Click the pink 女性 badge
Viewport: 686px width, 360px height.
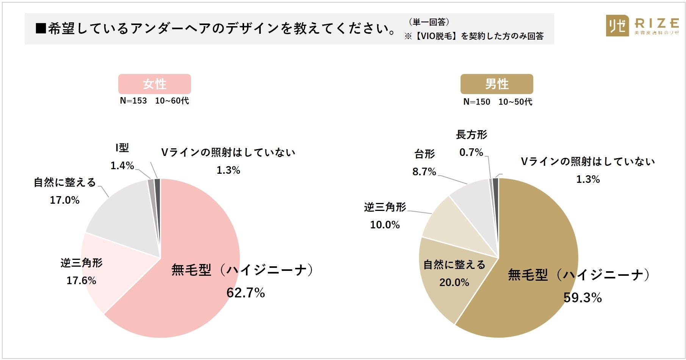(x=154, y=84)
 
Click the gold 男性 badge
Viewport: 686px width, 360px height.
(x=496, y=84)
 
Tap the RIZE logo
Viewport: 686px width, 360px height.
(x=642, y=26)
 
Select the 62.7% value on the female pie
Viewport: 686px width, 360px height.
(x=246, y=293)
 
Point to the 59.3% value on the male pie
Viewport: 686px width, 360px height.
(x=583, y=298)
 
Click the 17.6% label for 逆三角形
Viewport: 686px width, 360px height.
(x=81, y=281)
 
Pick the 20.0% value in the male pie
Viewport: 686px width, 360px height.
(x=454, y=283)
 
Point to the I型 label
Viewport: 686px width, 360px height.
(x=122, y=148)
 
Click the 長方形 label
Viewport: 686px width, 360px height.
(x=471, y=135)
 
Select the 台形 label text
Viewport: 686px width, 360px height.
(x=424, y=154)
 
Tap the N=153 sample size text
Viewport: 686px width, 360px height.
(x=133, y=101)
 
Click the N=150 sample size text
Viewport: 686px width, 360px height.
(x=477, y=102)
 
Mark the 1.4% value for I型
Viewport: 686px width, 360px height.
(x=122, y=166)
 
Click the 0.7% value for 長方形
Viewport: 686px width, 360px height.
(x=471, y=152)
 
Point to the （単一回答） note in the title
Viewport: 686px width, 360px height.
(x=429, y=22)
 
